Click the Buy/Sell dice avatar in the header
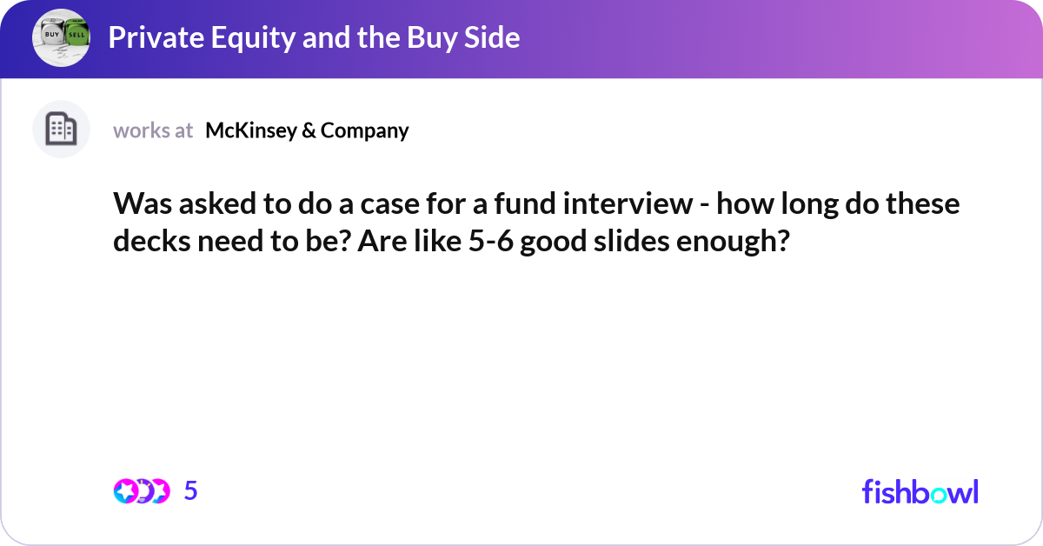pos(61,37)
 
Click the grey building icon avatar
pos(61,130)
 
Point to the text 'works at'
pos(153,130)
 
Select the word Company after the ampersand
pos(364,130)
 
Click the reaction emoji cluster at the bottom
pos(142,491)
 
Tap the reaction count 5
pos(191,491)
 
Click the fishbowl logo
pos(920,491)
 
